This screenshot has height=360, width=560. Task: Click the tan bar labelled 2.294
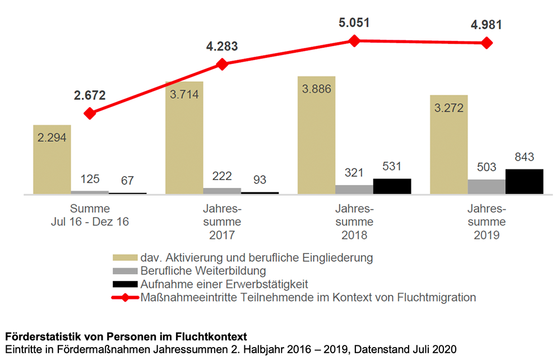click(52, 160)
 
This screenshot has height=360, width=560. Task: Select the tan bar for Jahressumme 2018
click(316, 135)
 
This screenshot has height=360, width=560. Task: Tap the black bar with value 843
click(524, 181)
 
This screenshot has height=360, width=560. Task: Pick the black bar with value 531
click(392, 186)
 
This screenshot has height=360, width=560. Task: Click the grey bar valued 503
click(486, 187)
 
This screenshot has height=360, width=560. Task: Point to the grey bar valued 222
click(221, 191)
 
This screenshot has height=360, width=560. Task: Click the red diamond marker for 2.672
click(90, 114)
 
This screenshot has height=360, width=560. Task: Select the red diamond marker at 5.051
click(354, 41)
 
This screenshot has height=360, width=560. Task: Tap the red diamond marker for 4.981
click(487, 43)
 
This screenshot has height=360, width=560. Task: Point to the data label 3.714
click(184, 94)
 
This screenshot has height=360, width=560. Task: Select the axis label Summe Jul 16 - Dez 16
click(90, 215)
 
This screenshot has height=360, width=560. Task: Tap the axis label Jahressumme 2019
click(487, 221)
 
